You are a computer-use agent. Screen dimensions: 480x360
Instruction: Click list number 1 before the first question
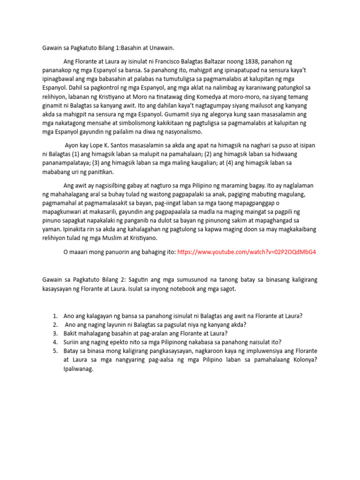point(55,316)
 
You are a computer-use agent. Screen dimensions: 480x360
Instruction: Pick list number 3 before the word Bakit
point(55,333)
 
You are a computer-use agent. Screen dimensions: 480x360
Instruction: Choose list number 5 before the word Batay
point(55,351)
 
